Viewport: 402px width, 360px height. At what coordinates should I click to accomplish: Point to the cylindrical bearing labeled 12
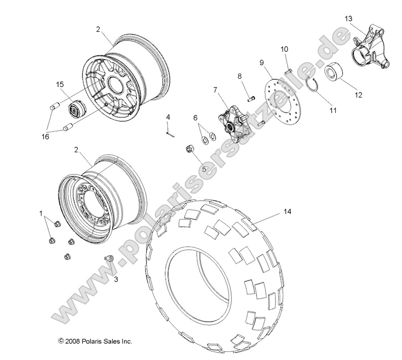(x=332, y=71)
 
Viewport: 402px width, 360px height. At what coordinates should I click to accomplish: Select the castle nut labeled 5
(x=192, y=149)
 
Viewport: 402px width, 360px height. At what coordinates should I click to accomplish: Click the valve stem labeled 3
(x=108, y=259)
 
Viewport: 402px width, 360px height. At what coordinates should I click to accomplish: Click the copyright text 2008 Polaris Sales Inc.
(x=95, y=341)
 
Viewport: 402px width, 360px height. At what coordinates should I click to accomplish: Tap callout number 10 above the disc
(x=285, y=49)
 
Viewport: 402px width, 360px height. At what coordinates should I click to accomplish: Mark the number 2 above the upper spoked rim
(x=98, y=29)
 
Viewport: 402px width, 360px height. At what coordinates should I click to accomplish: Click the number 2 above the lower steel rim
(x=76, y=150)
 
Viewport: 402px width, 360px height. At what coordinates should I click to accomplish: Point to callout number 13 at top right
(x=348, y=18)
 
